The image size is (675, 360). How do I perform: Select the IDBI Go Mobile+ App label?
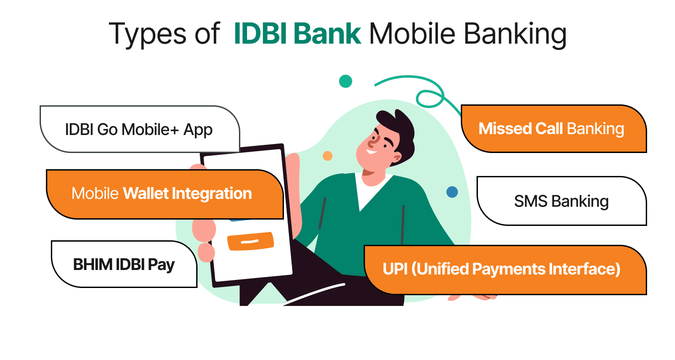click(x=139, y=130)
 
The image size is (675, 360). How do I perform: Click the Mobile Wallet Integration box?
click(x=162, y=194)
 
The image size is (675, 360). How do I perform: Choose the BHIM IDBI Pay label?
click(x=124, y=265)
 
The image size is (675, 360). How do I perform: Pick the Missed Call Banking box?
click(x=551, y=129)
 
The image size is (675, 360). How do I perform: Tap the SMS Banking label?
click(x=561, y=201)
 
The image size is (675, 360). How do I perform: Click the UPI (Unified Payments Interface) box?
click(x=502, y=269)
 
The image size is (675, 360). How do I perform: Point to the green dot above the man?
click(x=345, y=81)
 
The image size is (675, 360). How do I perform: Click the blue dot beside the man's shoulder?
click(x=452, y=192)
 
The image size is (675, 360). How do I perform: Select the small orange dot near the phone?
click(x=328, y=156)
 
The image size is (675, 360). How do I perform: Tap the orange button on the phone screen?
click(x=250, y=241)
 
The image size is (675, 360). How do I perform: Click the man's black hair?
click(x=396, y=124)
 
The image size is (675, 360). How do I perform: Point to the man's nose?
click(x=372, y=143)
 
